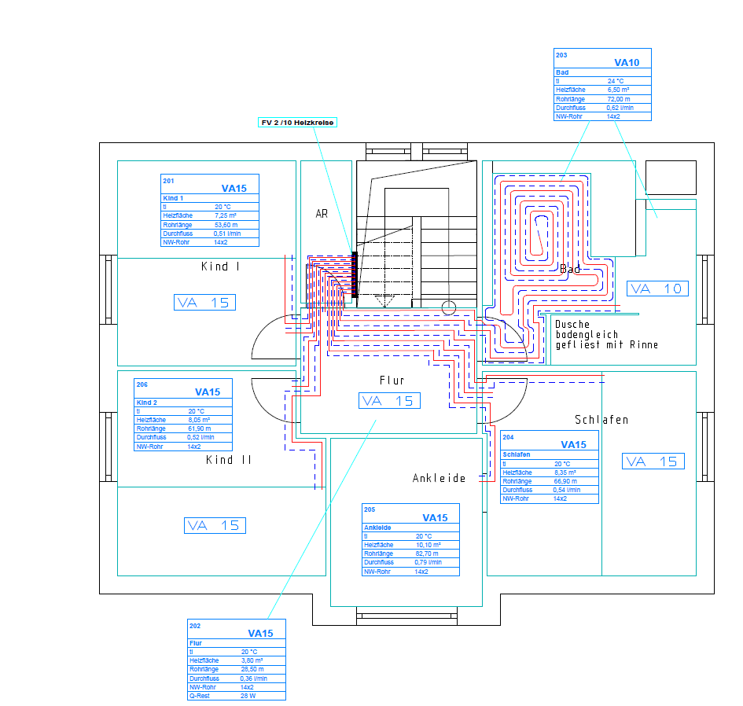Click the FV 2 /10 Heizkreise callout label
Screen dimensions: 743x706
click(x=298, y=122)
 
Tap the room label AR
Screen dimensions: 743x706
click(x=322, y=213)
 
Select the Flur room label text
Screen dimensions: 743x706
click(x=392, y=381)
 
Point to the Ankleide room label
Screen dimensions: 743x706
click(x=440, y=478)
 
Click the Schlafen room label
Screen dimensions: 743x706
click(x=601, y=420)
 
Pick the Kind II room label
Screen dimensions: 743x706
click(x=229, y=460)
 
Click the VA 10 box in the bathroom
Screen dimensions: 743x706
click(x=657, y=289)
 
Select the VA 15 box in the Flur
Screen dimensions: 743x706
click(x=389, y=401)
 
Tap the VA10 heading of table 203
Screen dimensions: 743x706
click(x=627, y=62)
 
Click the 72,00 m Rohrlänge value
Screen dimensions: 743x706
click(x=619, y=99)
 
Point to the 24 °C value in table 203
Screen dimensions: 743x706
click(x=616, y=81)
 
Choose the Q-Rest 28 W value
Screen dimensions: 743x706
click(x=248, y=696)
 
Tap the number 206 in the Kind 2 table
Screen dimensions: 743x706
click(x=142, y=385)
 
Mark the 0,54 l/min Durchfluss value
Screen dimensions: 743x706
click(x=566, y=490)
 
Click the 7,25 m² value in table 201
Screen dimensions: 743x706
click(x=226, y=215)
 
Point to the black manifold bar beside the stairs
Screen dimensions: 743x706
click(x=355, y=274)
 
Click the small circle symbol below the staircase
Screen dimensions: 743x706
click(x=448, y=308)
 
